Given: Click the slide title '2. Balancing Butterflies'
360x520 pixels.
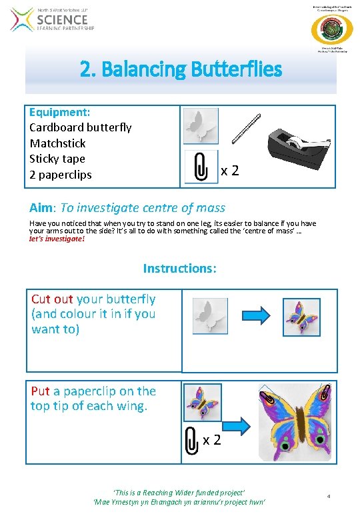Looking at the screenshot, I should coord(181,69).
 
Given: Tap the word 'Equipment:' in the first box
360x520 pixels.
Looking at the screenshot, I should coord(60,112).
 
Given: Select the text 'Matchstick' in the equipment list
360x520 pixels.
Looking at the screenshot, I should coord(58,143).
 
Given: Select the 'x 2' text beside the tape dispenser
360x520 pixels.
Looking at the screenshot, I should coord(230,171).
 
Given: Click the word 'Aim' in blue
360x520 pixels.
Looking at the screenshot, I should coord(41,207).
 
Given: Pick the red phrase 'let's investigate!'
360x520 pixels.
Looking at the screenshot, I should coord(57,238).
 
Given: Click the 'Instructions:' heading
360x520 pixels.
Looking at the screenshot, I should coord(179,269).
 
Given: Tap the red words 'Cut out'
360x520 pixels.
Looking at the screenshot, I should coord(52,299).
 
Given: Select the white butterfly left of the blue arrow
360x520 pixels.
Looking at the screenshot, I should coord(210,315).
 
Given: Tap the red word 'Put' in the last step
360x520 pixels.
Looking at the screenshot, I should coord(40,391).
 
